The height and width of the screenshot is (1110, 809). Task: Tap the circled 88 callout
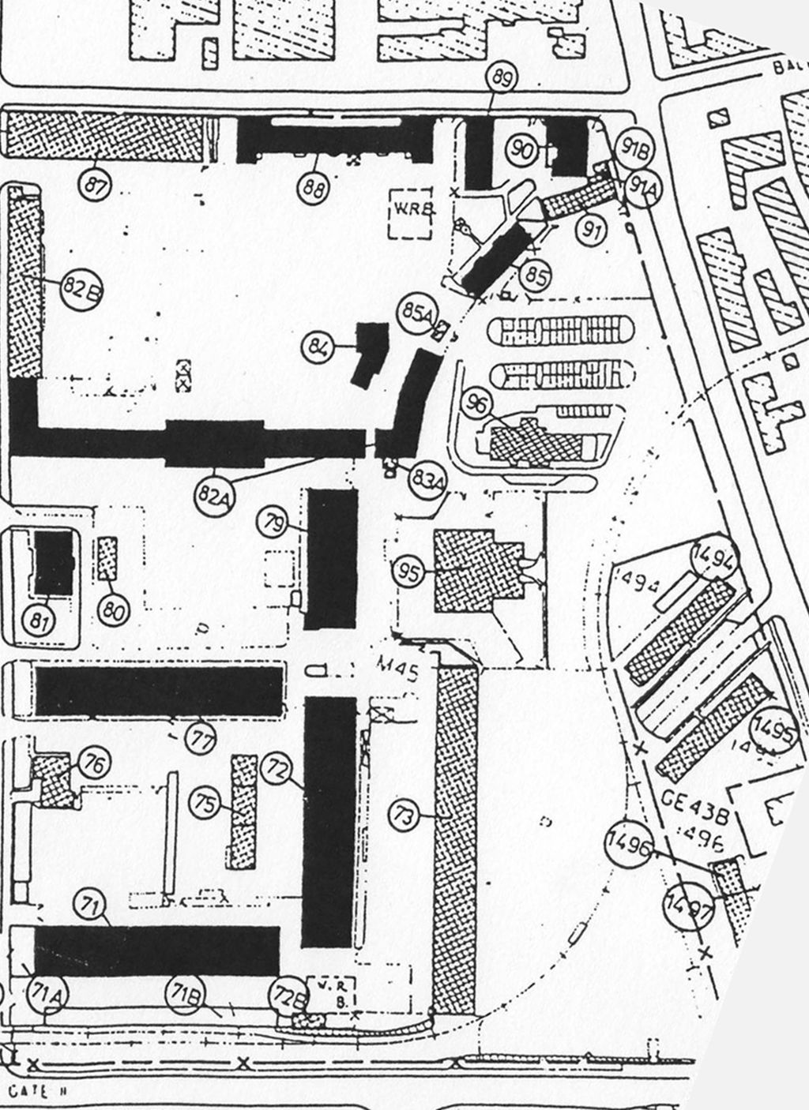coord(315,187)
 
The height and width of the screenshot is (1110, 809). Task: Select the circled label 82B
coord(81,289)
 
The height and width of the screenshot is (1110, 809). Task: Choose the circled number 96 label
coord(476,404)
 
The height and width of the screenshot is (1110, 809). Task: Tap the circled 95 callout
coord(409,572)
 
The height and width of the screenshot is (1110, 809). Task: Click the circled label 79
coord(274,523)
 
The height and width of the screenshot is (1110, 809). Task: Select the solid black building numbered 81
coord(53,562)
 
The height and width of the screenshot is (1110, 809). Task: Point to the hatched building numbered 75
coord(243,811)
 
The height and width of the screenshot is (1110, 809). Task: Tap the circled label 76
coord(94,763)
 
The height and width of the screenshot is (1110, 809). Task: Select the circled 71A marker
coord(46,993)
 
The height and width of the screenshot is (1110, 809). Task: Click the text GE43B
coord(685,803)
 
